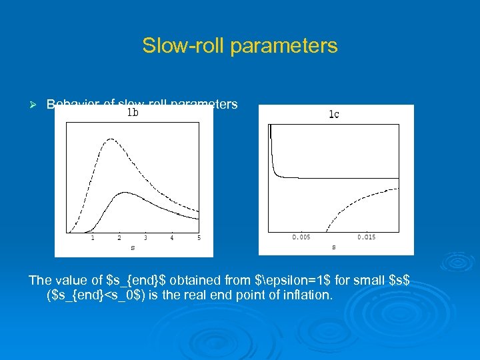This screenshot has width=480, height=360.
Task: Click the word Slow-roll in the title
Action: [x=176, y=46]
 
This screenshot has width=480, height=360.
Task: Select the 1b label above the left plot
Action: [x=133, y=113]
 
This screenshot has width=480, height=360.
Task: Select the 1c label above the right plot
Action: [x=334, y=115]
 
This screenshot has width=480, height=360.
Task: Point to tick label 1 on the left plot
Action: [x=92, y=238]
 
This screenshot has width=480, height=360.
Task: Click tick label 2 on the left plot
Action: [x=119, y=238]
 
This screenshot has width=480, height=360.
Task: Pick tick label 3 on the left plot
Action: [x=145, y=238]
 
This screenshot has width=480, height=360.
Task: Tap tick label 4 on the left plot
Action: [x=172, y=238]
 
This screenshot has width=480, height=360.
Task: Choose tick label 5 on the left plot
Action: [x=199, y=238]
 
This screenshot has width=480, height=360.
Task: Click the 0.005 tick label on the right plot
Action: [x=301, y=237]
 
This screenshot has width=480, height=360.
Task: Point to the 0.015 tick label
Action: [x=366, y=237]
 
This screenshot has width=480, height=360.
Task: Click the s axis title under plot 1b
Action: [x=133, y=248]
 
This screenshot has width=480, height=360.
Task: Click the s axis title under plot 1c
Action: [x=334, y=247]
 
